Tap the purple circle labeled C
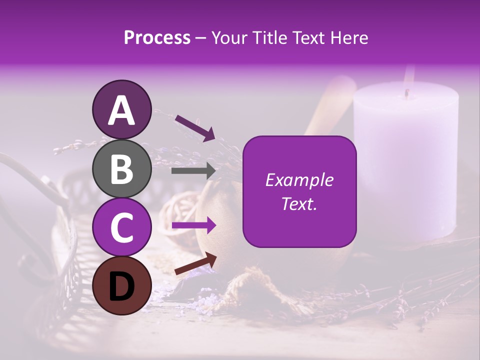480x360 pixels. point(121,227)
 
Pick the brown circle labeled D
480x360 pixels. point(121,285)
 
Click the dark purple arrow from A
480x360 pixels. point(194,128)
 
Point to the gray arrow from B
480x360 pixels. point(193,171)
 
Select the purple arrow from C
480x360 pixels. point(193,225)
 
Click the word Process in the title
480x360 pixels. point(157,38)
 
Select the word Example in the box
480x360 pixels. point(299,180)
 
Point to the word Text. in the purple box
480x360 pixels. point(299,203)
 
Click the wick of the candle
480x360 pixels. point(407,93)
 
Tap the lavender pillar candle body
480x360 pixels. point(405,165)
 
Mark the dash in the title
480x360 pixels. point(200,38)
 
